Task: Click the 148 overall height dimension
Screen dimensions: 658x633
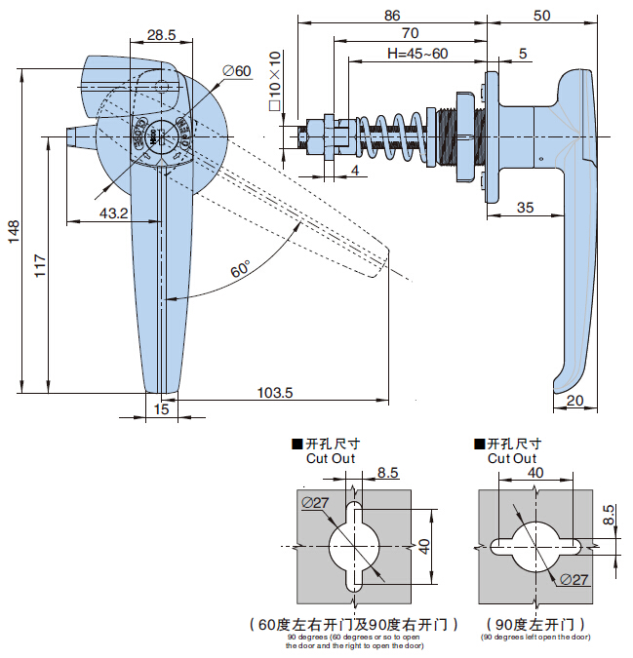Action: pyautogui.click(x=13, y=231)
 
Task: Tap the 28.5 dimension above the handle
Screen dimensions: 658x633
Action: pyautogui.click(x=161, y=35)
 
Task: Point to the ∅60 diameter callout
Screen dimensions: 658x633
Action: pyautogui.click(x=237, y=71)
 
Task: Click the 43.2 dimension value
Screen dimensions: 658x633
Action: pyautogui.click(x=113, y=213)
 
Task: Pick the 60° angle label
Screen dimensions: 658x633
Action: pyautogui.click(x=240, y=270)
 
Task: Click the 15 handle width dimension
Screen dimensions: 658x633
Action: pyautogui.click(x=161, y=410)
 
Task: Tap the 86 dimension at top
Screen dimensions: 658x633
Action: pyautogui.click(x=391, y=15)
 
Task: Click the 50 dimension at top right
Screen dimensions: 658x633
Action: pyautogui.click(x=542, y=15)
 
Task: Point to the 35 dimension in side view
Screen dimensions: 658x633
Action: pyautogui.click(x=525, y=207)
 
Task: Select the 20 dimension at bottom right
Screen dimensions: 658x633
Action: pyautogui.click(x=574, y=401)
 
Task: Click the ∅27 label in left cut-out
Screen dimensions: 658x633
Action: pyautogui.click(x=315, y=501)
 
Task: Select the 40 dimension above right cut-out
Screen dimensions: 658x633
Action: pyautogui.click(x=535, y=472)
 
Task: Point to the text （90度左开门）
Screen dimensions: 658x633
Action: pyautogui.click(x=535, y=623)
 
